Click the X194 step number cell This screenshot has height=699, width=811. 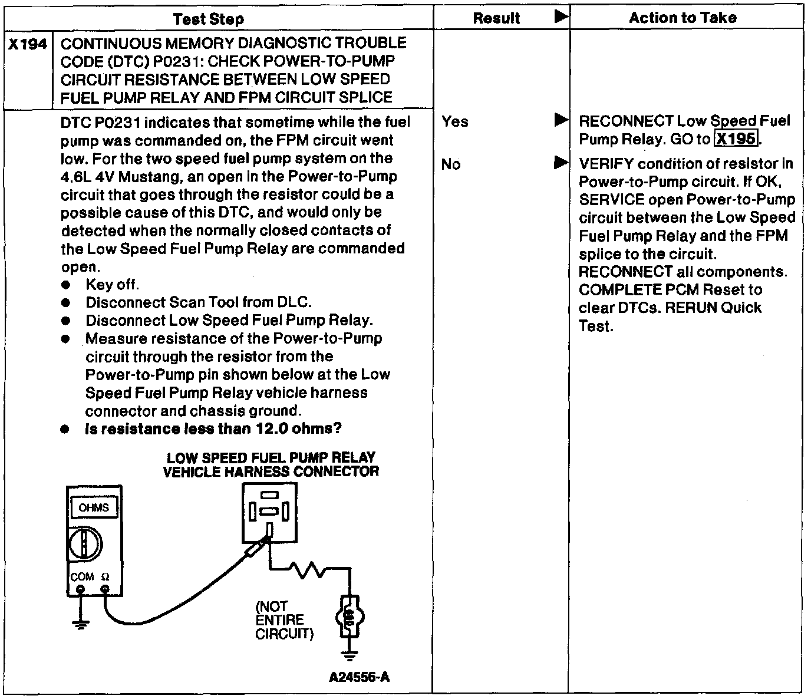(x=28, y=44)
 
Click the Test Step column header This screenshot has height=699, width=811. (x=209, y=19)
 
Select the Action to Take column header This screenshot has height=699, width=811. (x=683, y=18)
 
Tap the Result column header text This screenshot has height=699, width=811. (x=496, y=18)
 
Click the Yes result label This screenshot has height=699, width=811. (x=455, y=121)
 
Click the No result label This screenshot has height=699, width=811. (x=451, y=164)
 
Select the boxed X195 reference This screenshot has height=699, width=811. (x=736, y=139)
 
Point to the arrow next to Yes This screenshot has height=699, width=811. (x=561, y=121)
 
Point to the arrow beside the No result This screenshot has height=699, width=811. (x=561, y=163)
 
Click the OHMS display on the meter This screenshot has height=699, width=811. (x=94, y=507)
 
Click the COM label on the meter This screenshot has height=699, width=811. (x=82, y=576)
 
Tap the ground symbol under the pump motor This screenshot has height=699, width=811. (x=350, y=654)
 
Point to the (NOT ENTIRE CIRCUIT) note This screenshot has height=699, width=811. (x=285, y=620)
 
